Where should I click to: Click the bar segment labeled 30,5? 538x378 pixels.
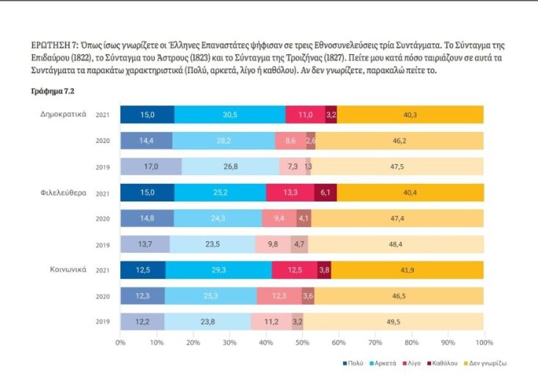(229, 115)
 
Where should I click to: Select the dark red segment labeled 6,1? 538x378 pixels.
(327, 193)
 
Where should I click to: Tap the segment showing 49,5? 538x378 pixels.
(393, 321)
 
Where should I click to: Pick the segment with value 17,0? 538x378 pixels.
(150, 166)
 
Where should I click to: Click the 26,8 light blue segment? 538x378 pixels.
(230, 166)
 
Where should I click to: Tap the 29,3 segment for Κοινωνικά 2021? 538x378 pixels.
(219, 270)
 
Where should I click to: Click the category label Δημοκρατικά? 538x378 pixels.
(64, 114)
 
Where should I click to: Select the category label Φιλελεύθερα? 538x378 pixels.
(64, 192)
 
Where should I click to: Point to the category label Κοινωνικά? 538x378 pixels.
(67, 269)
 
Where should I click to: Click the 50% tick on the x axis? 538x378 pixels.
(302, 341)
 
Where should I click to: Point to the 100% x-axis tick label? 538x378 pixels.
(482, 341)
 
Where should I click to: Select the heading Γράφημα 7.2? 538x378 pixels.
(52, 92)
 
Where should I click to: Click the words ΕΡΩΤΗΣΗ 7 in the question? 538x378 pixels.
(51, 45)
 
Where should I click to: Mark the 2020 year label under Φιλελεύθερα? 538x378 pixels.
(103, 218)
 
